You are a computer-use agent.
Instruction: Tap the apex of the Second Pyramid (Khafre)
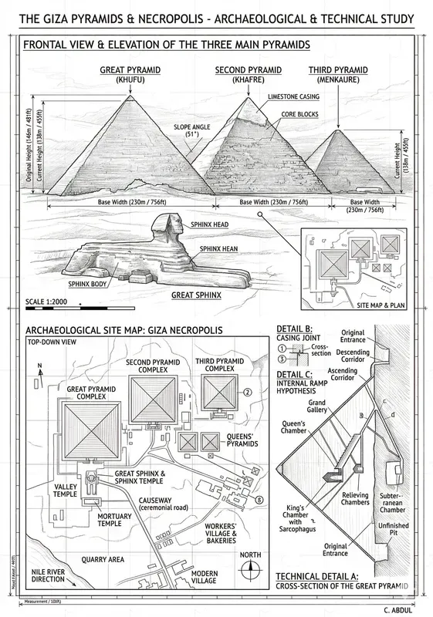click(249, 97)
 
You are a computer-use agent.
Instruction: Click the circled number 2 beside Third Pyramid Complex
click(247, 392)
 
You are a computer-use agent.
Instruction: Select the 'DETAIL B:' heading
click(296, 329)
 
